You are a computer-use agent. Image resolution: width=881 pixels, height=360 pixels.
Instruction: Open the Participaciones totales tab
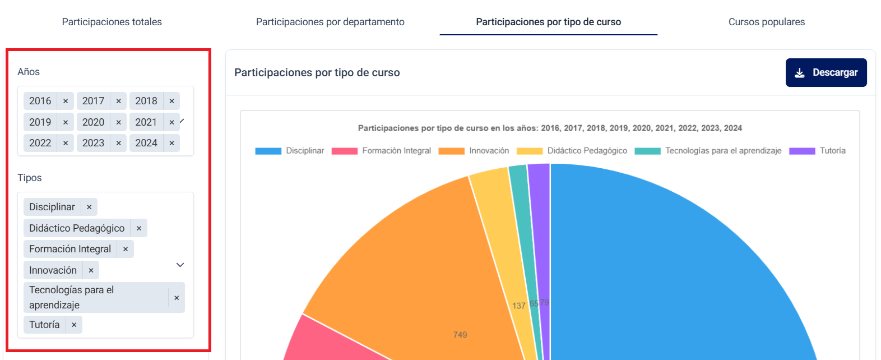coord(112,22)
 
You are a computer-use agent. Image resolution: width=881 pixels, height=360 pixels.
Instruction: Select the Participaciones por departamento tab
coord(330,22)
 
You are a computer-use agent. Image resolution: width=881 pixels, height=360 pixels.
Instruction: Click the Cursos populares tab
coord(766,22)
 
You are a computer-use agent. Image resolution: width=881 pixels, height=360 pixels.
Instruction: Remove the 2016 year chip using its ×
coord(66,101)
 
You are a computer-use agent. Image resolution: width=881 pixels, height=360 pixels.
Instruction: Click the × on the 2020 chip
coord(119,122)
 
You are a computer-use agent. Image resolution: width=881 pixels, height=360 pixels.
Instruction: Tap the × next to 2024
coord(171,143)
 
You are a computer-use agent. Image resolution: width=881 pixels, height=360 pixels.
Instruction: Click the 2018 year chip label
coord(146,101)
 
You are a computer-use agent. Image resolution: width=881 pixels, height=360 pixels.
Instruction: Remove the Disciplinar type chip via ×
coord(89,207)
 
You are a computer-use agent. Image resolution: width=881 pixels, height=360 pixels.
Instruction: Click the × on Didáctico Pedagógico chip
coord(139,228)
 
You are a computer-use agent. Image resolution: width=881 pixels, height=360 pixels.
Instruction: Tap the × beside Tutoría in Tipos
coord(74,325)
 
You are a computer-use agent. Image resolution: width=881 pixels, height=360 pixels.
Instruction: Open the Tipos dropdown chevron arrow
coord(180,265)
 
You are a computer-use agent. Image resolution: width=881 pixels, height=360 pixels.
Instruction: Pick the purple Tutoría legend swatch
coord(801,151)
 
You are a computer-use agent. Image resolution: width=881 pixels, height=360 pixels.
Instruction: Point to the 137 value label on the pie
coord(519,306)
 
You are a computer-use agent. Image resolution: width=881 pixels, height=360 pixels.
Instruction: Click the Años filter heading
coord(29,72)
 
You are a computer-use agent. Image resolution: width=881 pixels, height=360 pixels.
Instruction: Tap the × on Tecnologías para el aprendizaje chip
coord(177,298)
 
